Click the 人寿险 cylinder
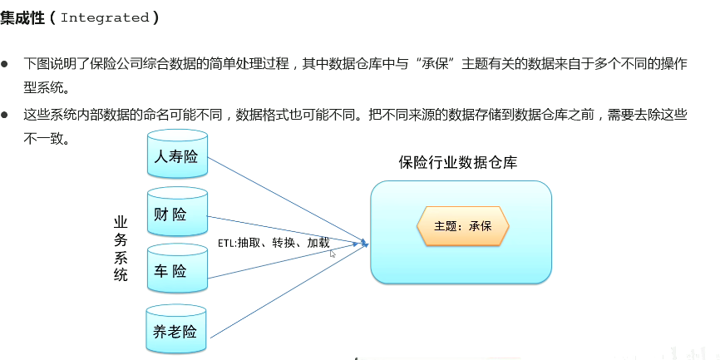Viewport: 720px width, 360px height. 176,155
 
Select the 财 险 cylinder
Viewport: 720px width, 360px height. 176,215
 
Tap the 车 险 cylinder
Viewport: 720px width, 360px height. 176,271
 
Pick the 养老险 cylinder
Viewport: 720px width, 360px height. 176,332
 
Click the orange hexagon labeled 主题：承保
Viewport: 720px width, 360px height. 463,225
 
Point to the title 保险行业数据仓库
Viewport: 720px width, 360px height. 458,163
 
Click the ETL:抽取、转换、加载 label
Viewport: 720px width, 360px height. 274,243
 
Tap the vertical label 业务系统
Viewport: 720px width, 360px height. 121,249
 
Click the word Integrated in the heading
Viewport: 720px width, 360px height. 105,17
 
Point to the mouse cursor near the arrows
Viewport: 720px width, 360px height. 333,254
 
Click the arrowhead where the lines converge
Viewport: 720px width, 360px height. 363,244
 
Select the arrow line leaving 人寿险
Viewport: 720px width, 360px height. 283,199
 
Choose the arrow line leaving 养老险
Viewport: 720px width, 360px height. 283,291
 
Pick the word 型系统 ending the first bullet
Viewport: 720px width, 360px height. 46,86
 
